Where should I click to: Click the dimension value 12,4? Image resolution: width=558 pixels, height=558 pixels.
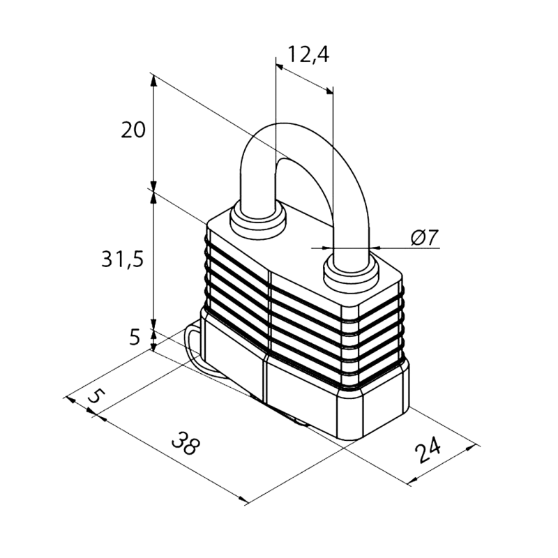click(x=308, y=55)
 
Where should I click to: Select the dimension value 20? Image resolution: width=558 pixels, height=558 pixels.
click(x=133, y=130)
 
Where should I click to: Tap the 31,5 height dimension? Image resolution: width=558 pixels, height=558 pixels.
click(x=123, y=259)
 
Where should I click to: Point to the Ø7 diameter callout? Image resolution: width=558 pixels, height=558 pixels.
click(x=424, y=237)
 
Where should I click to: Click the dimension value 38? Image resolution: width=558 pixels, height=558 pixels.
click(x=186, y=443)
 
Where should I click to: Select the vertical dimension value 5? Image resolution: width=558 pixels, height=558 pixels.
click(x=135, y=337)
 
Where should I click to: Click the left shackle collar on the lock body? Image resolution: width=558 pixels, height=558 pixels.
click(x=258, y=219)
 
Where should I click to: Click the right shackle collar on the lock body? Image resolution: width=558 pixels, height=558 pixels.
click(x=351, y=274)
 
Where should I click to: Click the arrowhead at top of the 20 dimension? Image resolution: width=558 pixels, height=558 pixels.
click(x=153, y=81)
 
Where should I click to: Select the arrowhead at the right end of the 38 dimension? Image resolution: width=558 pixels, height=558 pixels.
click(x=243, y=499)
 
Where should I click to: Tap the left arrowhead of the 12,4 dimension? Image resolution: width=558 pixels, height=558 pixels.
click(x=280, y=67)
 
